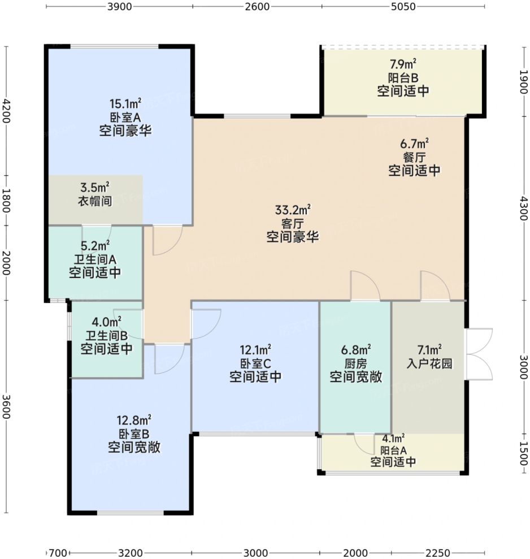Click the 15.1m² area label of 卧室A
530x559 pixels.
[125, 103]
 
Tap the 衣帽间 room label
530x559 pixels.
[94, 200]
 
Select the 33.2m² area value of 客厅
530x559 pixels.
[293, 210]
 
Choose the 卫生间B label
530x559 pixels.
[106, 336]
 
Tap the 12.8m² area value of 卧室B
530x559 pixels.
[133, 421]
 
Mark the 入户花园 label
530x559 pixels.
[429, 364]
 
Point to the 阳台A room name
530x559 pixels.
[393, 450]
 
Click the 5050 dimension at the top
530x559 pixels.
[402, 7]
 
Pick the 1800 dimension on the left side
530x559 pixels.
[7, 201]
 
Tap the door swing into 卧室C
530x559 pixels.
[206, 324]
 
